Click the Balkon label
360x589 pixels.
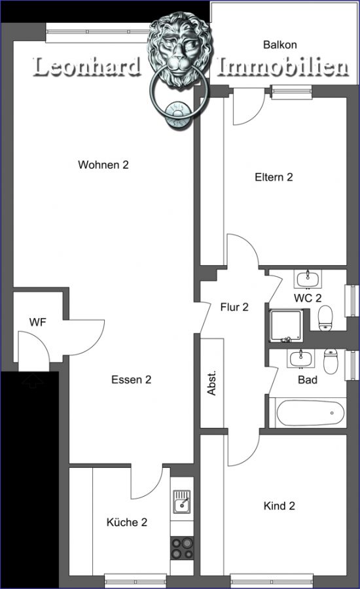pyautogui.click(x=280, y=45)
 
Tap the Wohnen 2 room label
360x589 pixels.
pyautogui.click(x=103, y=164)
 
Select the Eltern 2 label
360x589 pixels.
pyautogui.click(x=274, y=177)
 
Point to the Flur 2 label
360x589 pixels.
pyautogui.click(x=234, y=308)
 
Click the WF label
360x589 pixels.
pyautogui.click(x=38, y=322)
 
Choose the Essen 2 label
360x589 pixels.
pyautogui.click(x=132, y=380)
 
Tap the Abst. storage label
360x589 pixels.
pyautogui.click(x=212, y=383)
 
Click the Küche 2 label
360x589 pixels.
pyautogui.click(x=127, y=522)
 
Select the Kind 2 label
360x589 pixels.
pyautogui.click(x=279, y=506)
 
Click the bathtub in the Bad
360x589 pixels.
pyautogui.click(x=310, y=413)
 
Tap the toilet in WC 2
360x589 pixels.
pyautogui.click(x=326, y=318)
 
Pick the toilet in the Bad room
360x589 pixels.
pyautogui.click(x=331, y=361)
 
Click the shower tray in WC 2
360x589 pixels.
pyautogui.click(x=286, y=326)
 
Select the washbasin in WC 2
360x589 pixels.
pyautogui.click(x=308, y=279)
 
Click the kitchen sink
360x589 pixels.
pyautogui.click(x=181, y=501)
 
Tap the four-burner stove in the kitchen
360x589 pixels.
pyautogui.click(x=182, y=548)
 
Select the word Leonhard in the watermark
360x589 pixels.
pyautogui.click(x=87, y=67)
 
